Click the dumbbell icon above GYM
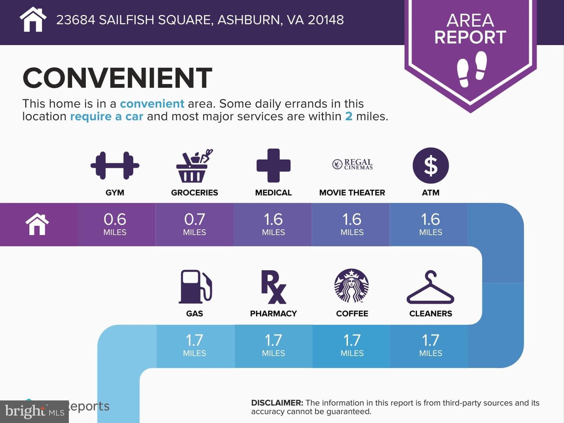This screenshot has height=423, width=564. click(115, 165)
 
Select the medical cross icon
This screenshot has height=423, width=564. click(273, 166)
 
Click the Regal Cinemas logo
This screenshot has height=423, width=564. click(352, 164)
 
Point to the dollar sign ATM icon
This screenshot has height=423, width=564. click(431, 166)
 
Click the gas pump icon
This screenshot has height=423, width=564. click(196, 286)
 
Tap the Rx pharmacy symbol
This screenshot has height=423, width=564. click(273, 287)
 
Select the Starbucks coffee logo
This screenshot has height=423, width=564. click(352, 286)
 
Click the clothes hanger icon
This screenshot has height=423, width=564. click(430, 287)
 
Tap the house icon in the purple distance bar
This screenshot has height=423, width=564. click(37, 224)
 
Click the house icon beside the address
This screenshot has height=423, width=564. click(33, 19)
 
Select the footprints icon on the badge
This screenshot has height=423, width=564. click(472, 69)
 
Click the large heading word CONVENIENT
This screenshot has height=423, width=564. click(117, 78)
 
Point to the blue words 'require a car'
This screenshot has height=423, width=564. click(107, 116)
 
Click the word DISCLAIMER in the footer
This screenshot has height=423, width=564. click(277, 403)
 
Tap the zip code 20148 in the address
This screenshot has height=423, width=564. click(326, 20)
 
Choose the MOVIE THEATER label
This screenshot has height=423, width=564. click(352, 192)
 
